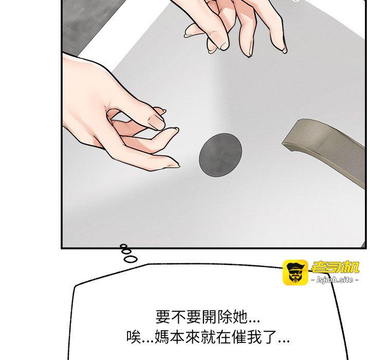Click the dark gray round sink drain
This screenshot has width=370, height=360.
tap(220, 155)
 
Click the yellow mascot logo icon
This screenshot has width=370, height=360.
tap(295, 273)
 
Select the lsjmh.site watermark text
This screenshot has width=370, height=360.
tap(335, 280)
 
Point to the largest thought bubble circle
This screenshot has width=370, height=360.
tap(131, 259)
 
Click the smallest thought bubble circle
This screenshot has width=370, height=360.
tap(123, 246)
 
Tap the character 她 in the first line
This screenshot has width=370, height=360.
tap(239, 317)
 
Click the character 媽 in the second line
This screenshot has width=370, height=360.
tap(162, 337)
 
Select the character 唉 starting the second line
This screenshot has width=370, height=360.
tap(134, 337)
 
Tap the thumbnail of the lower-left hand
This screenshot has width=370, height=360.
tap(156, 122)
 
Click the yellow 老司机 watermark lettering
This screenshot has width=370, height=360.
tap(335, 267)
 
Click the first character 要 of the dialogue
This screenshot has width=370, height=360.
tap(163, 317)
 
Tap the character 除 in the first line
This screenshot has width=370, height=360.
tap(224, 317)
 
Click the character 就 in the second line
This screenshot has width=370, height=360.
tap(208, 337)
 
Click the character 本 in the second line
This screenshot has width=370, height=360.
tap(177, 337)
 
